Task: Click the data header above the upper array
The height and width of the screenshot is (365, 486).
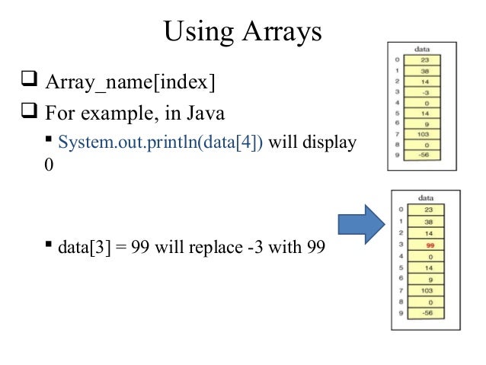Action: [x=421, y=47]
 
